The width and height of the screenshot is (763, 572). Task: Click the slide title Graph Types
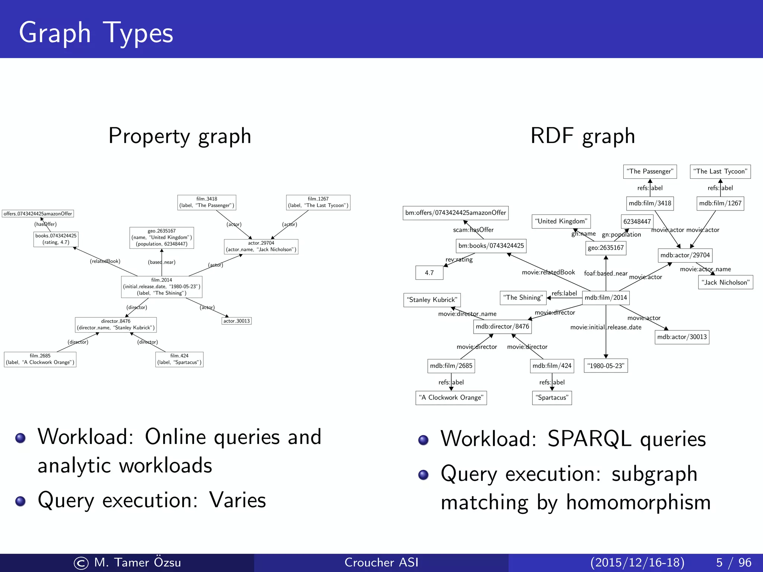[x=96, y=33]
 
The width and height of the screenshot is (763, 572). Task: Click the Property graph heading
[x=180, y=136]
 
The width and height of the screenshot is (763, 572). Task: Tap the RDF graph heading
[x=582, y=136]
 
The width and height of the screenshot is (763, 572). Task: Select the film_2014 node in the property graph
[x=162, y=287]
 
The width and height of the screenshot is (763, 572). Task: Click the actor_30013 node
[x=237, y=321]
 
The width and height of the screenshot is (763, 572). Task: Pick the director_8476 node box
[x=116, y=324]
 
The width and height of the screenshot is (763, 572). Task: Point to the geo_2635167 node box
[x=162, y=238]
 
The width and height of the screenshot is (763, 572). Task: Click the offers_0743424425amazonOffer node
[x=38, y=214]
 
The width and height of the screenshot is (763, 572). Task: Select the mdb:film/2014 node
[x=606, y=298]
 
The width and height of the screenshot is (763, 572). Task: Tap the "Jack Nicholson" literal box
[x=725, y=282]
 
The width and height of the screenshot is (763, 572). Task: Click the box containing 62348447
[x=637, y=222]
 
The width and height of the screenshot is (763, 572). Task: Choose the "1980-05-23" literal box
[x=606, y=366]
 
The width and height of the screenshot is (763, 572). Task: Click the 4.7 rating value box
[x=429, y=273]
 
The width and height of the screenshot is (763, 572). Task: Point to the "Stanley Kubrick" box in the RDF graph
[x=432, y=300]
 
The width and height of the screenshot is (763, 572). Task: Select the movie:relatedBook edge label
[x=548, y=272]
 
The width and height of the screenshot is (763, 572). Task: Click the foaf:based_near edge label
[x=606, y=273]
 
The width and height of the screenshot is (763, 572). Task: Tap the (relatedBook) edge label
[x=105, y=261]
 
